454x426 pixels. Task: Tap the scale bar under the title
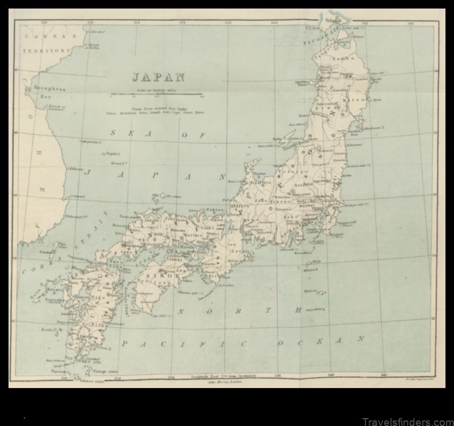click(156, 94)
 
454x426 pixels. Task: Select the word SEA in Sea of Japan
click(121, 133)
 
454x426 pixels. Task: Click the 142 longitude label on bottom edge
click(384, 375)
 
